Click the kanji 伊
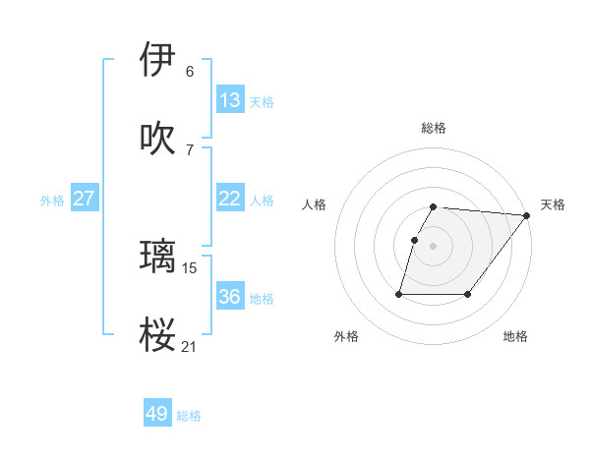(157, 59)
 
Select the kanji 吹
(157, 138)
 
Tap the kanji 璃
(157, 256)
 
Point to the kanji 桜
(157, 334)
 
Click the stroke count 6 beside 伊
(190, 71)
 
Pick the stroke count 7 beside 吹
(190, 149)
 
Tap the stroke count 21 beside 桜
(190, 346)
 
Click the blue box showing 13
(230, 100)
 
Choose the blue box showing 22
(230, 199)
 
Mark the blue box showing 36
(230, 297)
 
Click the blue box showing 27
(85, 199)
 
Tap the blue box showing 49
(157, 414)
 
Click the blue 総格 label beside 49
(190, 416)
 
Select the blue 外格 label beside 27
(52, 201)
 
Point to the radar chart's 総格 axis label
(434, 128)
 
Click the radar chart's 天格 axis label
(553, 204)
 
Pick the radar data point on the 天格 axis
(527, 215)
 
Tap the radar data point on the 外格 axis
(399, 293)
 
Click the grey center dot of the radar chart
(434, 246)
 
